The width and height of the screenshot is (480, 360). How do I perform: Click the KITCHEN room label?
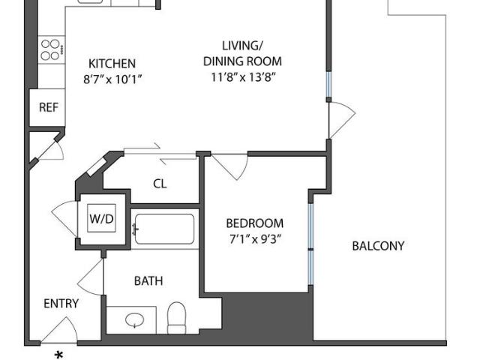tap(112, 64)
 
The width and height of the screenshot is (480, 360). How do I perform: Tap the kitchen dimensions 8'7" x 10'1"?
tap(112, 78)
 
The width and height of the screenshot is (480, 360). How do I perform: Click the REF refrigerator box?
tap(48, 108)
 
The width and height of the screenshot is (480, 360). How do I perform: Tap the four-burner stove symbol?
tap(52, 49)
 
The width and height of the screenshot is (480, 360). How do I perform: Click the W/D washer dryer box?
tap(102, 219)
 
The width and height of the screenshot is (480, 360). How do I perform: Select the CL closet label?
tap(160, 183)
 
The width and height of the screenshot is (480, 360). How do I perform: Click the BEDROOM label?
tap(255, 223)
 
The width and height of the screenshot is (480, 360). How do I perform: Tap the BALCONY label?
tap(378, 246)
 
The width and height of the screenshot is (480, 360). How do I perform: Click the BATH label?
tap(148, 281)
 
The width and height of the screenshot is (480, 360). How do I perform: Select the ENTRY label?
tap(61, 304)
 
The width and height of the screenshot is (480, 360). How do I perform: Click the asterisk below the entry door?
tap(58, 354)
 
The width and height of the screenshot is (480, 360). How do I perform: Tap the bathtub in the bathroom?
tap(164, 229)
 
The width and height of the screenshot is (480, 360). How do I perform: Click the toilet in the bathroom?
tap(178, 318)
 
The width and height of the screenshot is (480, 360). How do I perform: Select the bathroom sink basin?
tap(135, 320)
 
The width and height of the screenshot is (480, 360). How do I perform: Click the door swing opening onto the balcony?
tap(341, 120)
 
